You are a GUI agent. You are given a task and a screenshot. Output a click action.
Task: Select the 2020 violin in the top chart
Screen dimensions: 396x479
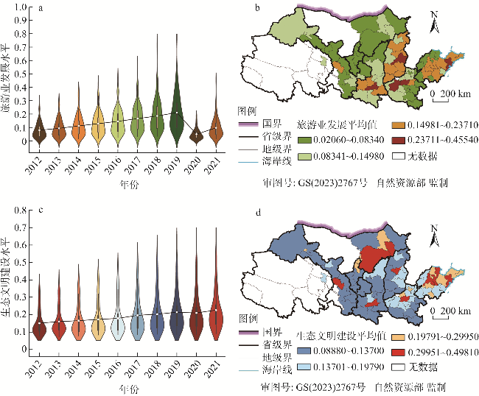pos(195,135)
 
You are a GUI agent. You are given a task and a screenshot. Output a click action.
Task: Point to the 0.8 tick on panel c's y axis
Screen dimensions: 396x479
pos(21,211)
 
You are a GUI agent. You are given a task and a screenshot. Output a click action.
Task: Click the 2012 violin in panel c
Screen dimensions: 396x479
pos(39,324)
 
